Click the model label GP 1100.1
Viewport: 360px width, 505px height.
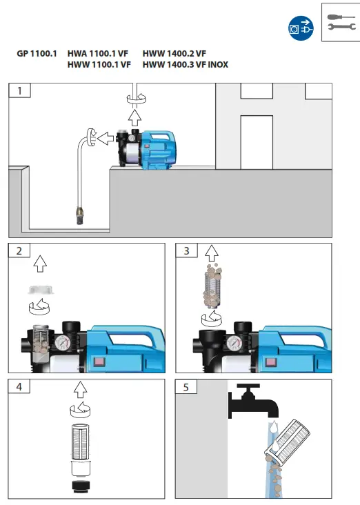(37, 53)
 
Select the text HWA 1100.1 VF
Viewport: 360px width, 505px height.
(99, 53)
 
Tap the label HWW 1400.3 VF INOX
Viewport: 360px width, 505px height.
(186, 65)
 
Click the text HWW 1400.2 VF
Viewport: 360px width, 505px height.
(174, 53)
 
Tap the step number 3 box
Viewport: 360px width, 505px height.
(187, 251)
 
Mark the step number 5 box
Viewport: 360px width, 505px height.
(187, 387)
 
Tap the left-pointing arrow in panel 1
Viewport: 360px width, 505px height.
(106, 139)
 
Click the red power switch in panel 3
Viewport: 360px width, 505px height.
(266, 361)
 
